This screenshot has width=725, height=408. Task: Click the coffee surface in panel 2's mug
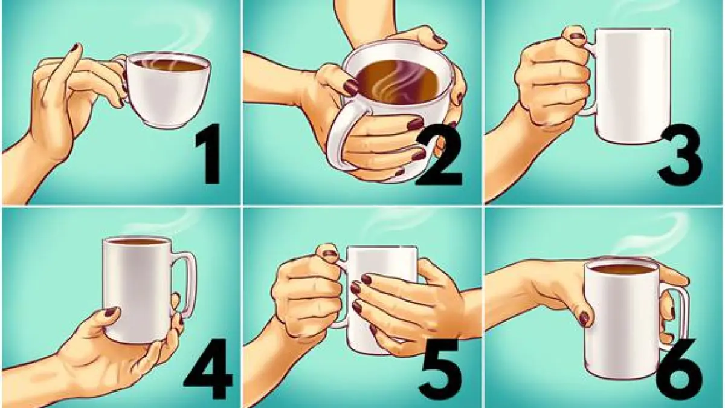(399, 80)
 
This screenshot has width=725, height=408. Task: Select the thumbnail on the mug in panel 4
(109, 312)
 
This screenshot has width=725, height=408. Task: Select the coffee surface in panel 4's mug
(136, 242)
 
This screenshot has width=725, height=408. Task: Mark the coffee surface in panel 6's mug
(622, 268)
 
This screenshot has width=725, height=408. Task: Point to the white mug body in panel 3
(633, 86)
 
